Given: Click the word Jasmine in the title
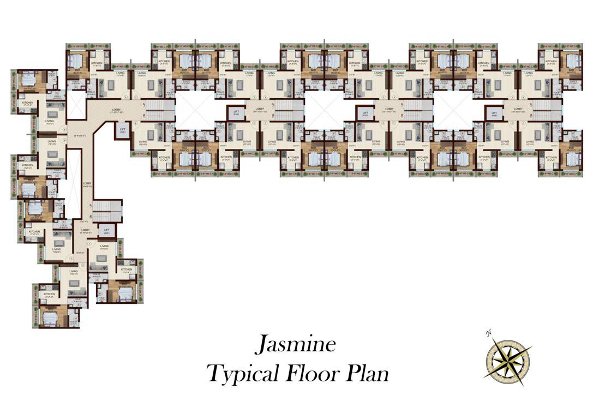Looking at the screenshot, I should tap(295, 345).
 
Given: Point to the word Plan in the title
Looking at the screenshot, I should tap(367, 374).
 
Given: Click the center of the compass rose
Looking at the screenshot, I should tap(507, 357).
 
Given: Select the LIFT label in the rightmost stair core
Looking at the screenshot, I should tap(494, 113).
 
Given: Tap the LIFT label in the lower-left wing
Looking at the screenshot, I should tap(107, 230).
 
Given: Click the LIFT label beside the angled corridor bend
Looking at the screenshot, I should tap(122, 130).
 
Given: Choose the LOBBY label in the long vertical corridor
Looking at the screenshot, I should tap(87, 184).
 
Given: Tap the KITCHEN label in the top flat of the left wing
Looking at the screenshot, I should tap(27, 103).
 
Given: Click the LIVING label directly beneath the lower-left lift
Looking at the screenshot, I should tap(104, 246).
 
